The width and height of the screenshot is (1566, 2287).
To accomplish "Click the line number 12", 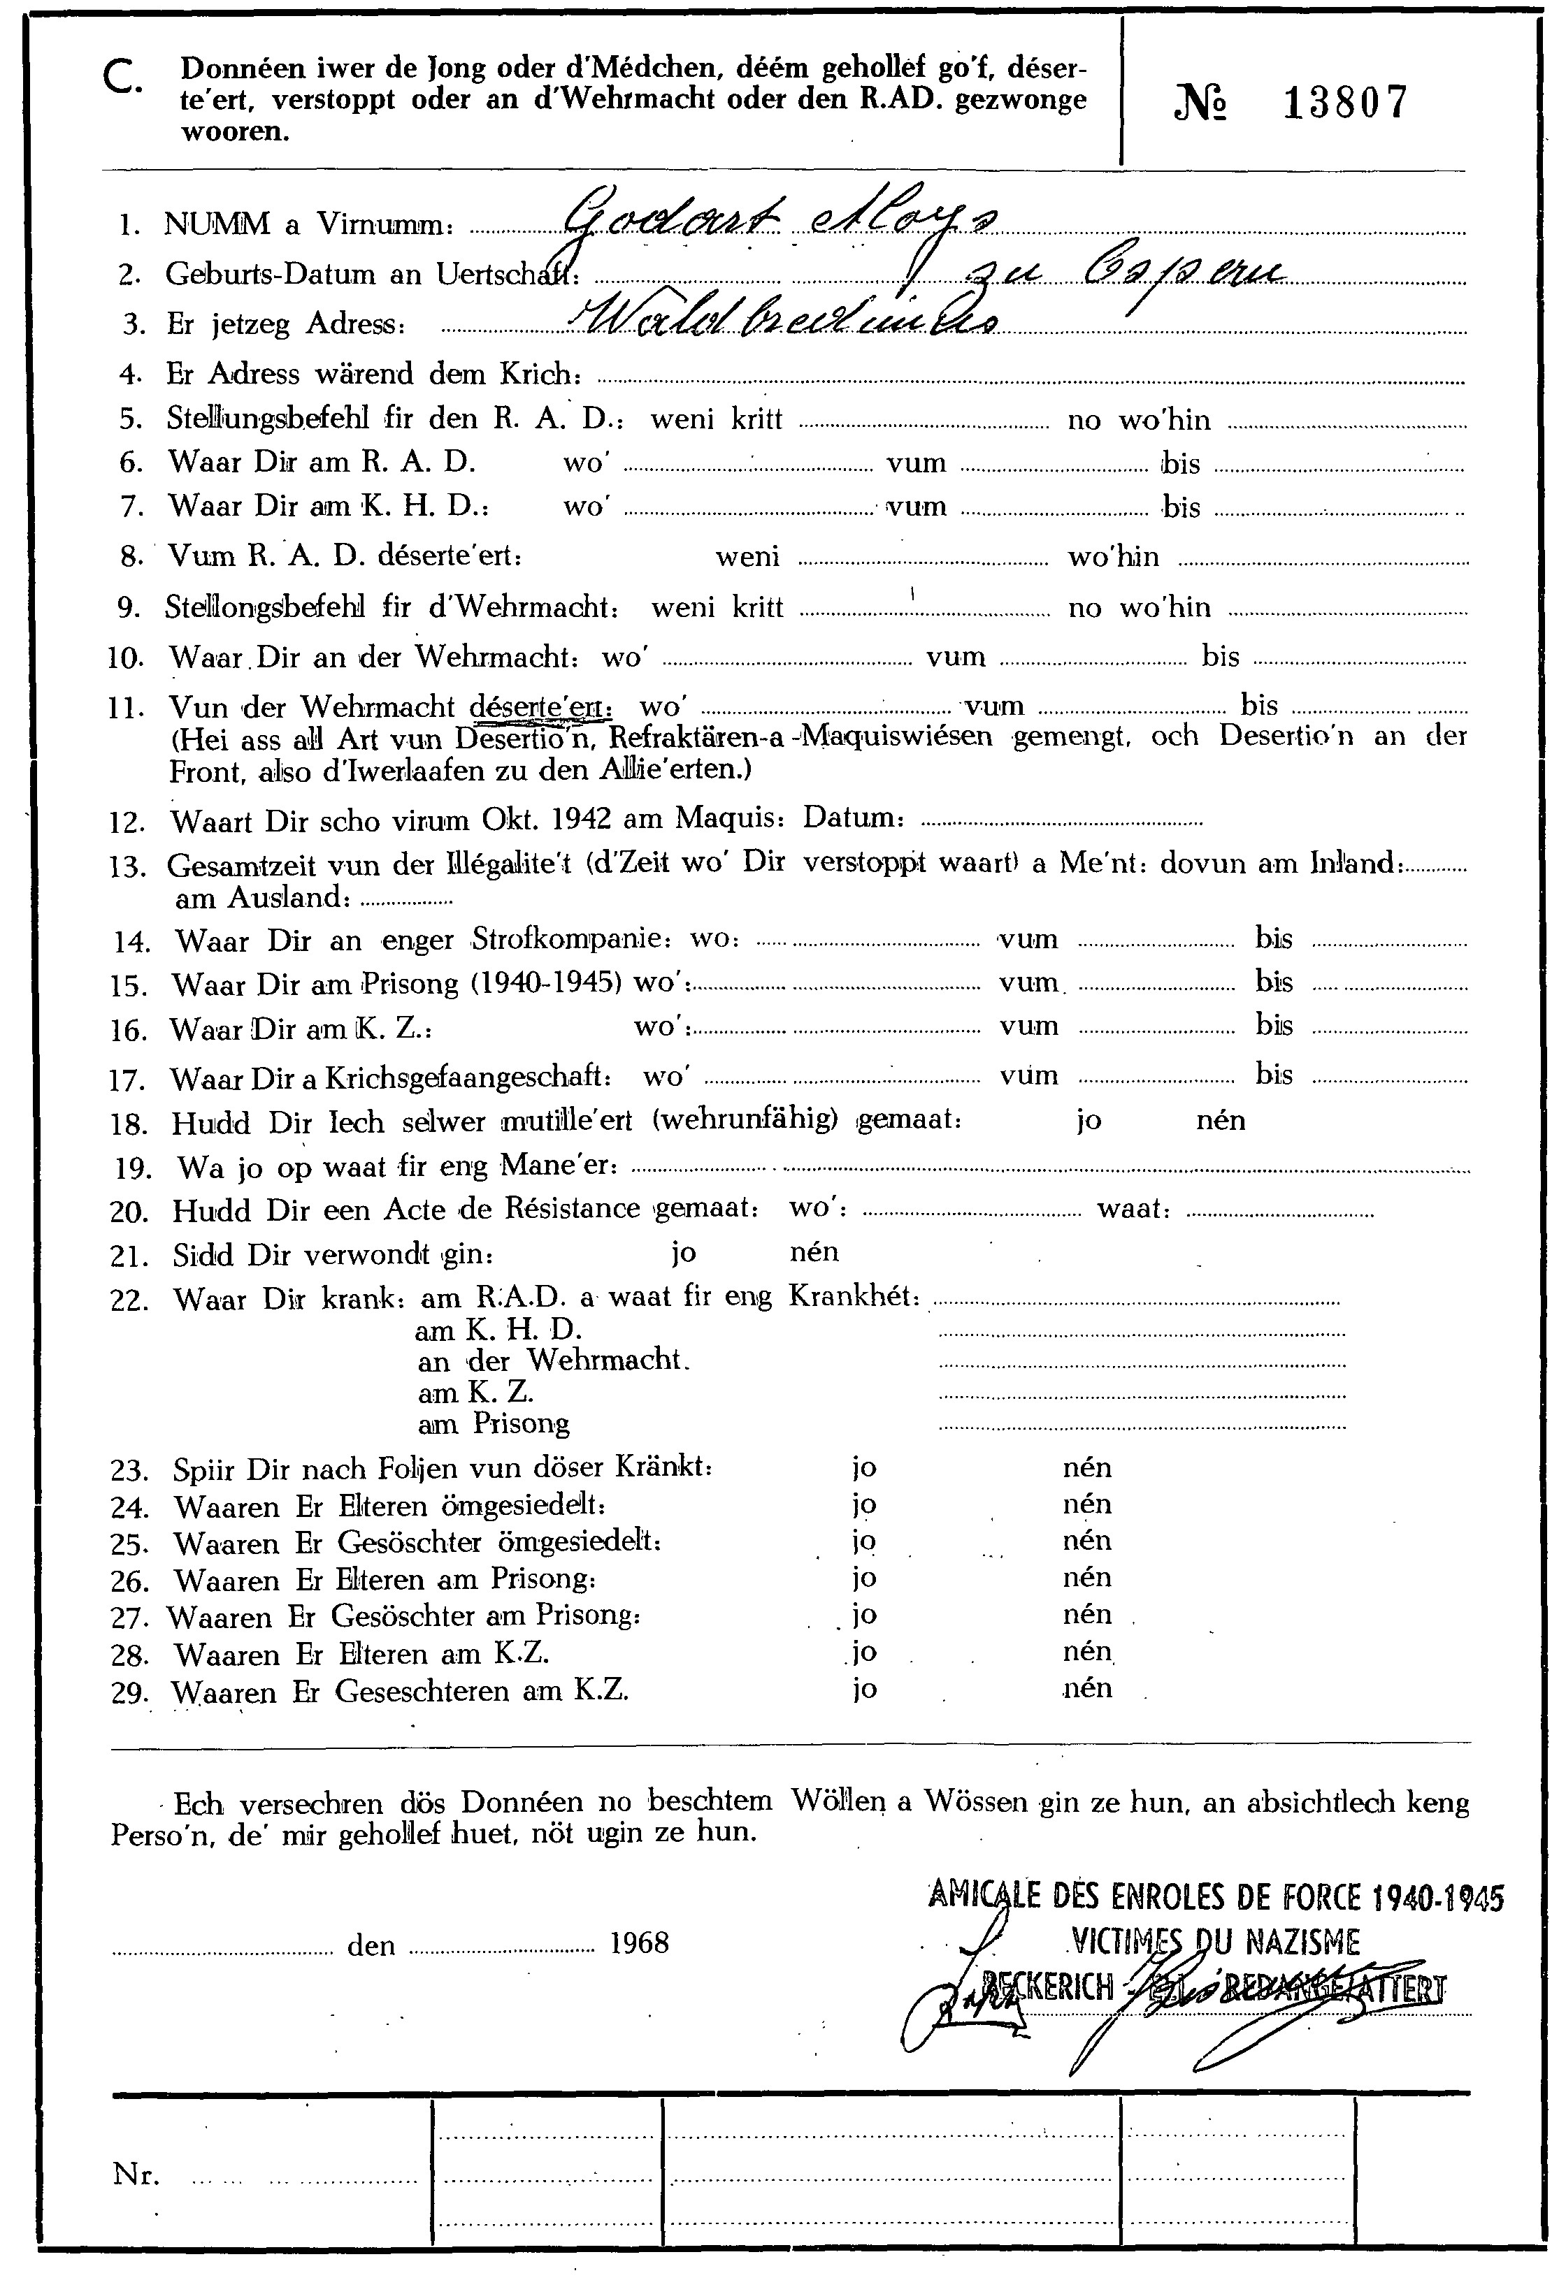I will pyautogui.click(x=127, y=822).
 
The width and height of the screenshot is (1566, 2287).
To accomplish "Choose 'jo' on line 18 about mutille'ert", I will pyautogui.click(x=1089, y=1121).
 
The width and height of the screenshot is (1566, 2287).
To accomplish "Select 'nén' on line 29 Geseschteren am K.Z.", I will pyautogui.click(x=1086, y=1689).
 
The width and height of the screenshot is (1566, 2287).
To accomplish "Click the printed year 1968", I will pyautogui.click(x=639, y=1943).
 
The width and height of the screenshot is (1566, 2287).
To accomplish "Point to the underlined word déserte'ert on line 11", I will pyautogui.click(x=540, y=706).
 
